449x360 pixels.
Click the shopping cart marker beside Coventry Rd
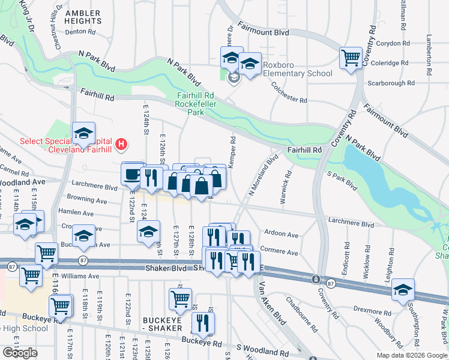tap(351, 59)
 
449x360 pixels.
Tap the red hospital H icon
tap(121, 144)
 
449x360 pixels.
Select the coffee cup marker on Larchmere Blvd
tap(132, 175)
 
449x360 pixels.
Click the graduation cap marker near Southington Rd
tap(402, 290)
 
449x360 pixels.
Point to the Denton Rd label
tap(80, 31)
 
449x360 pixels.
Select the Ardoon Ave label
tap(282, 235)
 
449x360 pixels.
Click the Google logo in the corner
tap(20, 353)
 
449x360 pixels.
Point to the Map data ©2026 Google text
tap(411, 355)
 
